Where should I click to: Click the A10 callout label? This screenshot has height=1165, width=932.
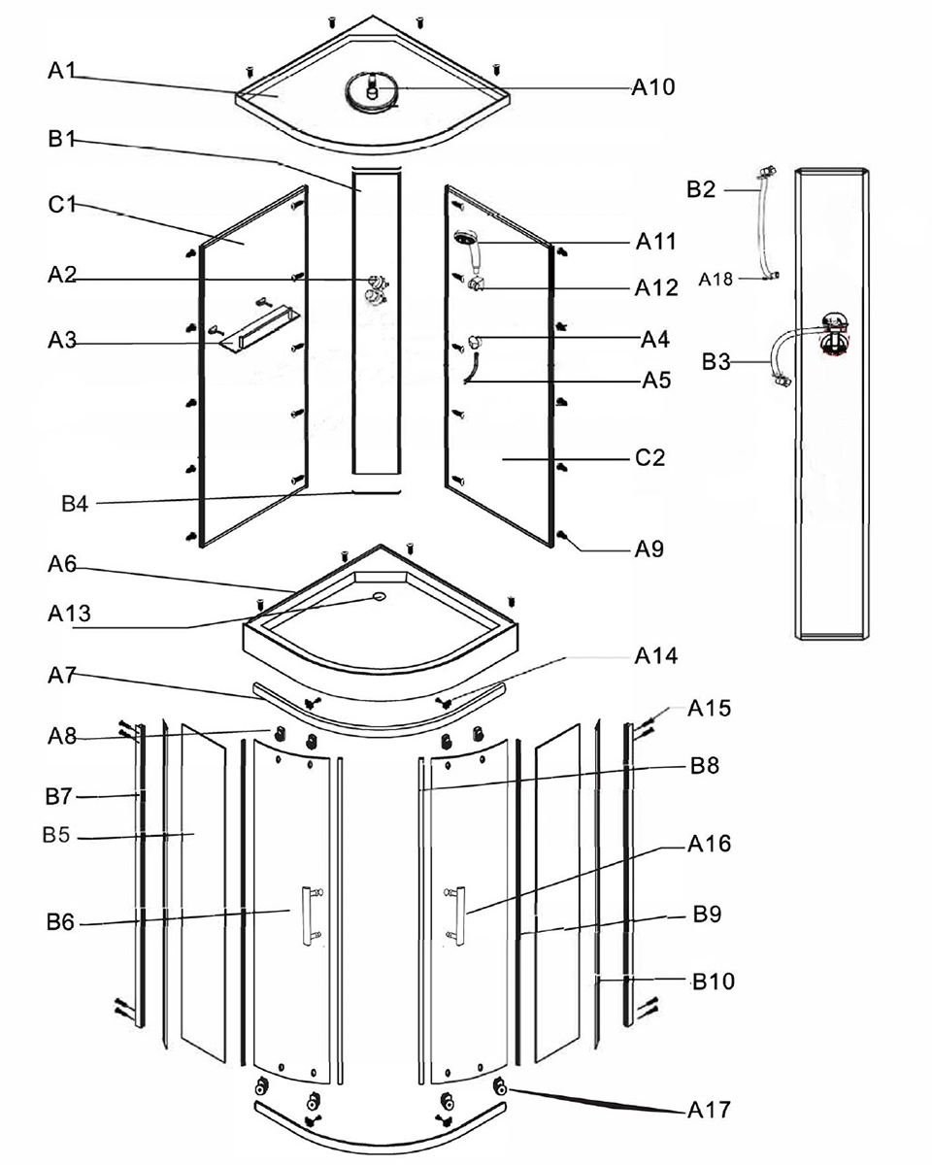point(653,86)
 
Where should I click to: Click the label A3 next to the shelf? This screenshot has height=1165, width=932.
point(62,340)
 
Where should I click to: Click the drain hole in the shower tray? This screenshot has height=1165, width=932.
point(379,596)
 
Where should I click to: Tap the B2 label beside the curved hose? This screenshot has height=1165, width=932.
point(701,189)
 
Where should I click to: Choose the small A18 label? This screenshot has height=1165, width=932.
point(715,280)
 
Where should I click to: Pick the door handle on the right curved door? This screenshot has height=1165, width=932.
point(455,915)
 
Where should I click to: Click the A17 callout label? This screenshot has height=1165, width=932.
point(709,1110)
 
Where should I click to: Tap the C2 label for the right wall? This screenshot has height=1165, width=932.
point(649,458)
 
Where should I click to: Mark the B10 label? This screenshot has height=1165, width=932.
point(714,981)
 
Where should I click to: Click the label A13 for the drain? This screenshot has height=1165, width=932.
point(69,614)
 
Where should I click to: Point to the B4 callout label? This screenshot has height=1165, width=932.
point(75,504)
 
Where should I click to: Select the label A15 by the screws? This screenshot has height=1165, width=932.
point(709,708)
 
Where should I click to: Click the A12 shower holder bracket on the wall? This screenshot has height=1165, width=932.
point(477,283)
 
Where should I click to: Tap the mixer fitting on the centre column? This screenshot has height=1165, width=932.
point(377,289)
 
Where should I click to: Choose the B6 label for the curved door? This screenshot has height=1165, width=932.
point(60,921)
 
